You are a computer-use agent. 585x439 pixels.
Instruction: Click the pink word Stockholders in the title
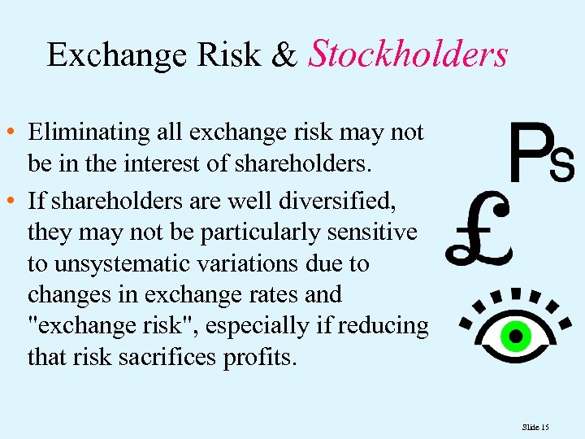point(409,54)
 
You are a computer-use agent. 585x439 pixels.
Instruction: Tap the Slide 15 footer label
point(536,426)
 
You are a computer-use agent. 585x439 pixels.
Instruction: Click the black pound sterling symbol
point(479,230)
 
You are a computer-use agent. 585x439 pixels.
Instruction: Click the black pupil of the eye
point(513,334)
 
